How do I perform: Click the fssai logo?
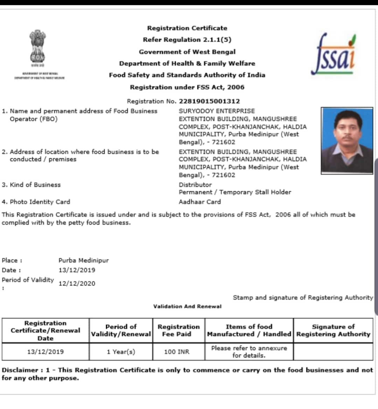pos(333,54)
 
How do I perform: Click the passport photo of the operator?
pos(347,141)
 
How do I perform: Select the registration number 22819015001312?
pos(209,101)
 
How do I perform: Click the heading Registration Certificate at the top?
pos(187,28)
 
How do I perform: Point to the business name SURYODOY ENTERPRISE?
pos(217,111)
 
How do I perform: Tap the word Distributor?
pos(195,185)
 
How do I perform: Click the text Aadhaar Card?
pos(199,202)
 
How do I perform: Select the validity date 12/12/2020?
pos(77,284)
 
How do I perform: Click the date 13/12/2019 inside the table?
pos(45,352)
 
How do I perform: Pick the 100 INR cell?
pos(176,352)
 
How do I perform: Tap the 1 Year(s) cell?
pos(121,352)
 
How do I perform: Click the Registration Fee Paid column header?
pos(178,330)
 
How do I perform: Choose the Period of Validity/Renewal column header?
pos(121,330)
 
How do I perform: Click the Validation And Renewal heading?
pos(187,306)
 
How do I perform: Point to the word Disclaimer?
pos(20,370)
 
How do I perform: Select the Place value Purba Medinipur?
pos(84,260)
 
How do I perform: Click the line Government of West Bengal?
pos(187,52)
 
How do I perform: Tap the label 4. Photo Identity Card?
pos(36,202)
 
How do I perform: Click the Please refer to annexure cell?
pos(249,352)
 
